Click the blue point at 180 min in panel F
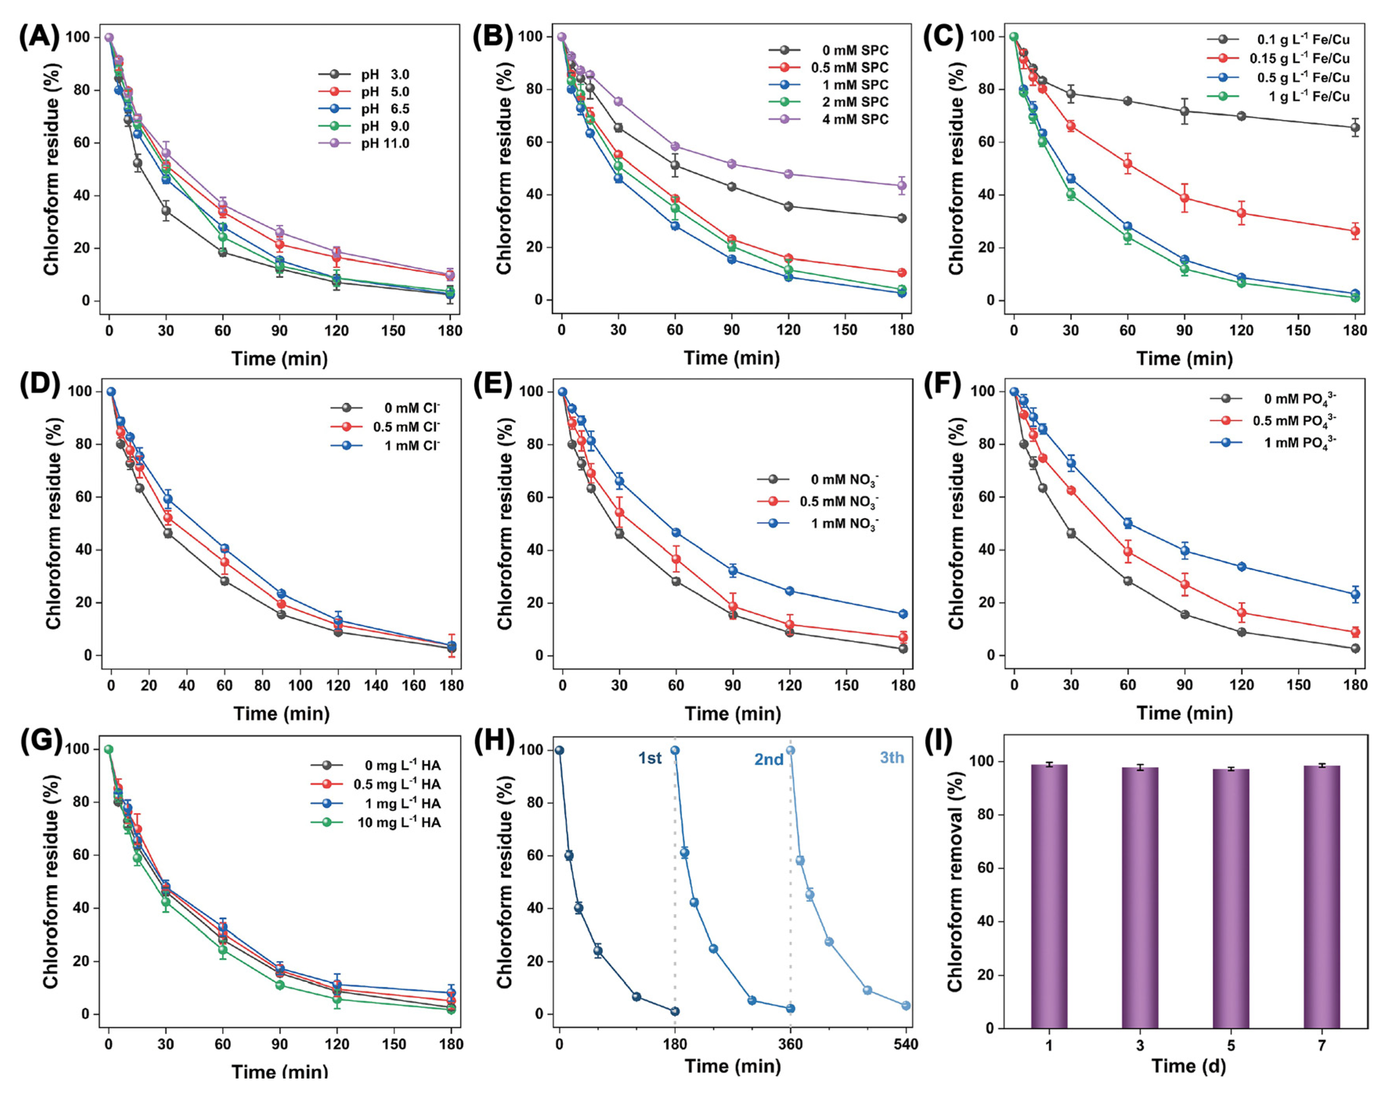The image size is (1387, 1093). point(1355,594)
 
